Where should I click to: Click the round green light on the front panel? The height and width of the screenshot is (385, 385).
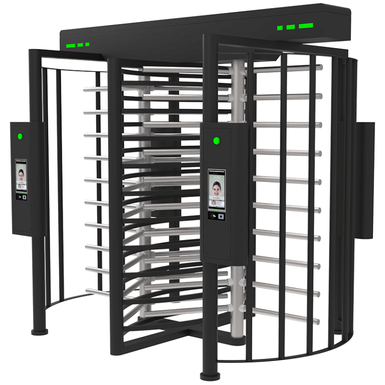tap(217, 140)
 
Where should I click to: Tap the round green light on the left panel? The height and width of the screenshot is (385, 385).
tap(21, 135)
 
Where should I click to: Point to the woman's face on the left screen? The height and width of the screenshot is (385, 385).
tap(21, 174)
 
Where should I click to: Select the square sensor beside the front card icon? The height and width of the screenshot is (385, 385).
tap(221, 216)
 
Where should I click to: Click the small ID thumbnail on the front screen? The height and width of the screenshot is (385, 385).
tap(214, 204)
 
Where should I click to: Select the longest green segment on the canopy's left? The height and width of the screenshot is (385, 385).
tap(70, 46)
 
